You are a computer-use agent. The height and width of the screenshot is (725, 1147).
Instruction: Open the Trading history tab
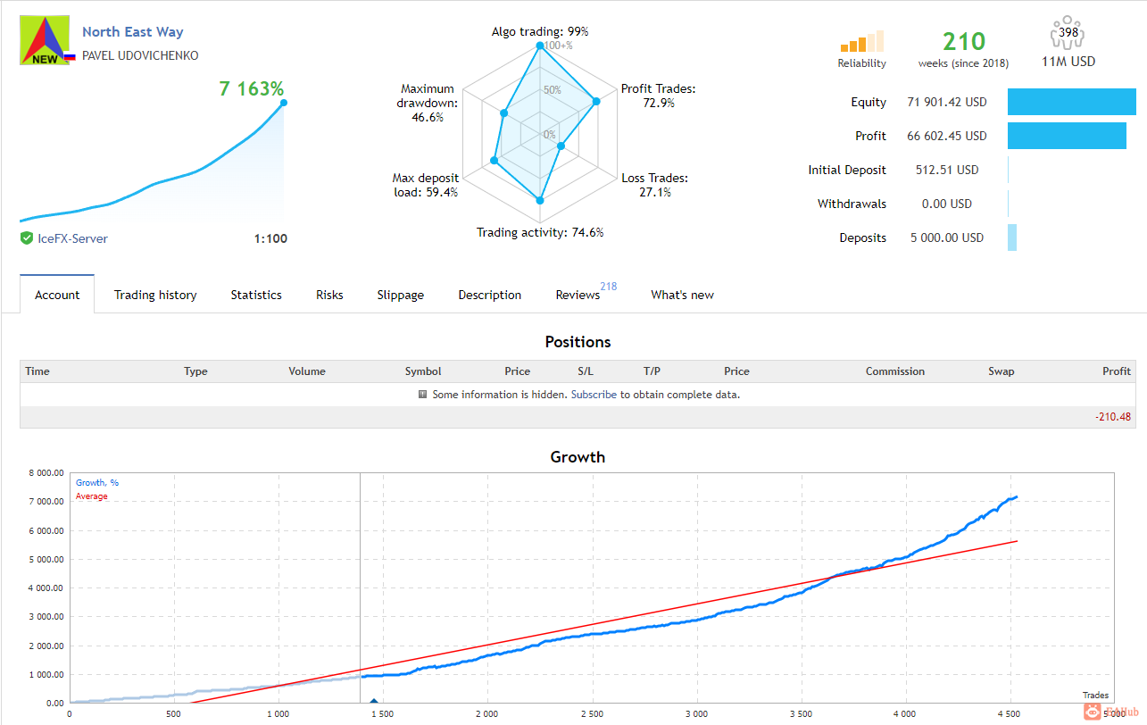pyautogui.click(x=155, y=296)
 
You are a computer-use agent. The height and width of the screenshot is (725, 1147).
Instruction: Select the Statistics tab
pyautogui.click(x=256, y=296)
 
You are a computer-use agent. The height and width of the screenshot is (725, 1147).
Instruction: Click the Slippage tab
pyautogui.click(x=401, y=296)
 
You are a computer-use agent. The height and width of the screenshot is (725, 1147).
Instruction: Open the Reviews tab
pyautogui.click(x=578, y=296)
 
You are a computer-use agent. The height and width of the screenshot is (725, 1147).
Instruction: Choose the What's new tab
pyautogui.click(x=682, y=296)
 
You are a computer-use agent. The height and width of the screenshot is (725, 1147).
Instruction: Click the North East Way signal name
pyautogui.click(x=133, y=32)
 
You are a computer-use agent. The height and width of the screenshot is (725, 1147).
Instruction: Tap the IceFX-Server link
pyautogui.click(x=72, y=238)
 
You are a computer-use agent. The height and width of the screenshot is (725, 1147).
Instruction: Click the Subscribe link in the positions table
pyautogui.click(x=594, y=395)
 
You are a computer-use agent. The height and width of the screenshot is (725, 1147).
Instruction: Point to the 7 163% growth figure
pyautogui.click(x=251, y=88)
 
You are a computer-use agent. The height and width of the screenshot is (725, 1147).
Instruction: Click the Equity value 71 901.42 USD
pyautogui.click(x=947, y=102)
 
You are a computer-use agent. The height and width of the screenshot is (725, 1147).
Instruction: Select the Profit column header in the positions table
pyautogui.click(x=1117, y=371)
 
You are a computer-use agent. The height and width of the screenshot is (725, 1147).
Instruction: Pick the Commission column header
pyautogui.click(x=895, y=371)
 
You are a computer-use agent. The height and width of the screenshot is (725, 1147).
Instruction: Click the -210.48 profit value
pyautogui.click(x=1113, y=417)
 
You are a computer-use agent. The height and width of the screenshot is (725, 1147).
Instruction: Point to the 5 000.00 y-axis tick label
pyautogui.click(x=46, y=560)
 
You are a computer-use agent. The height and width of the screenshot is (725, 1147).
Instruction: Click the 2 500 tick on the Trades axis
pyautogui.click(x=592, y=713)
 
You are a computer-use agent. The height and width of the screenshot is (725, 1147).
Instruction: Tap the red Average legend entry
pyautogui.click(x=92, y=496)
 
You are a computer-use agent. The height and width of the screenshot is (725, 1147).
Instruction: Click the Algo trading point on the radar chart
pyautogui.click(x=540, y=46)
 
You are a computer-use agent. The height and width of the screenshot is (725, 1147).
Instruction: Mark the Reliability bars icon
pyautogui.click(x=861, y=41)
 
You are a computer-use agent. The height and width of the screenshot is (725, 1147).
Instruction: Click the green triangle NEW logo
pyautogui.click(x=45, y=40)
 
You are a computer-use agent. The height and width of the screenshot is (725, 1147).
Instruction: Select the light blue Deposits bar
pyautogui.click(x=1012, y=237)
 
